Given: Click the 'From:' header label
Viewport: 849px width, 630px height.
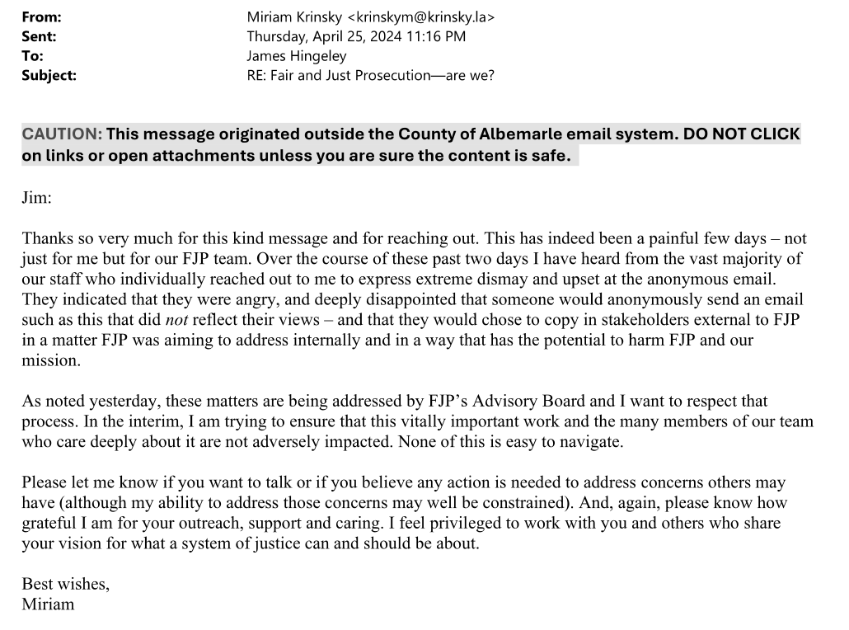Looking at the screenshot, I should pyautogui.click(x=41, y=17).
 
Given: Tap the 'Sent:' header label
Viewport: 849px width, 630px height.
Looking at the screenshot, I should pyautogui.click(x=40, y=36).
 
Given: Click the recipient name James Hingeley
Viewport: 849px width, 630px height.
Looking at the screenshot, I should pyautogui.click(x=297, y=56).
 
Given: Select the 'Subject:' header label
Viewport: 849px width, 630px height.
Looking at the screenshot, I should pyautogui.click(x=49, y=75).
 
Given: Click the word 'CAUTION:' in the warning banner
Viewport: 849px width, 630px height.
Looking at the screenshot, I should pyautogui.click(x=62, y=134).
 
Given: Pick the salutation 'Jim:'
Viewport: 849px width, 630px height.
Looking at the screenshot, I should pyautogui.click(x=36, y=197).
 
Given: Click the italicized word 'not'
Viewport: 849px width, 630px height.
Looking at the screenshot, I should pyautogui.click(x=176, y=319).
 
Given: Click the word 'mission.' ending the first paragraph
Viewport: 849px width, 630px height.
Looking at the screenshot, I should pyautogui.click(x=51, y=360).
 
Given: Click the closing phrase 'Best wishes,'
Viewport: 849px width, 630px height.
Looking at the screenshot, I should pyautogui.click(x=65, y=584).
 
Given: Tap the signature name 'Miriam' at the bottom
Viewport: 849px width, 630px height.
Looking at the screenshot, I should pyautogui.click(x=48, y=604).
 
